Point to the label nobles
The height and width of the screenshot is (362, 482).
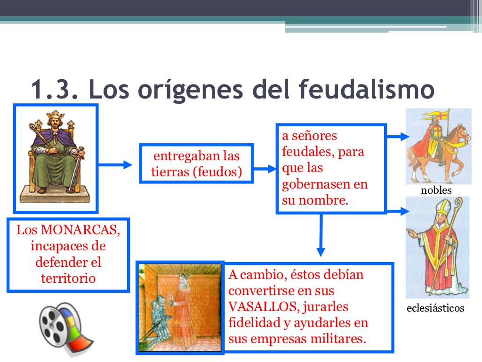(436, 190)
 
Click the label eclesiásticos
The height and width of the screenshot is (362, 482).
(435, 308)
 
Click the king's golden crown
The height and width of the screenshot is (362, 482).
(56, 116)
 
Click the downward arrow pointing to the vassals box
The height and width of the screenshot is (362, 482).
(321, 236)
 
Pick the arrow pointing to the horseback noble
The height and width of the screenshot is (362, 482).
(398, 137)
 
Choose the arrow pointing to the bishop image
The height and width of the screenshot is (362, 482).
(398, 211)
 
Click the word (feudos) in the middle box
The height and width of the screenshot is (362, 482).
(217, 172)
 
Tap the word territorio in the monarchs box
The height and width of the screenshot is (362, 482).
(68, 278)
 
